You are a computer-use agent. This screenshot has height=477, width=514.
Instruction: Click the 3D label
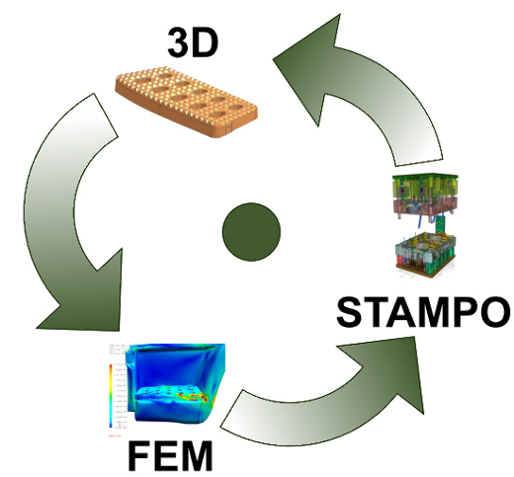(x=193, y=42)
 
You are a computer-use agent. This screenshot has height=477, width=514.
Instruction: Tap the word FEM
(x=170, y=456)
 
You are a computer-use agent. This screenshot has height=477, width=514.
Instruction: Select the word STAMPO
(x=423, y=311)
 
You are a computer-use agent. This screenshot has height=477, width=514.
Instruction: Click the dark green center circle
(x=251, y=232)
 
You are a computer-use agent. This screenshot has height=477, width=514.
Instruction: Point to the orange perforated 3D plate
(x=186, y=102)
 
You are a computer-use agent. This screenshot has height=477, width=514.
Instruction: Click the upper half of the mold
(x=425, y=196)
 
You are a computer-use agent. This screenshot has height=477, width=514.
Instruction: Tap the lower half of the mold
(x=425, y=254)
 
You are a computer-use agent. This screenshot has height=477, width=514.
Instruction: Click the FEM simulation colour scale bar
(x=111, y=396)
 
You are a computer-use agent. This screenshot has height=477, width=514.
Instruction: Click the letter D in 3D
(x=206, y=43)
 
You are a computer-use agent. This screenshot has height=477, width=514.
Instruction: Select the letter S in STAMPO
(x=350, y=312)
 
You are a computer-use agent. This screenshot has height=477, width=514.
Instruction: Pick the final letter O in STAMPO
(x=495, y=312)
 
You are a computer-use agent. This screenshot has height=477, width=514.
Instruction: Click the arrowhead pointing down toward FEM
(x=86, y=296)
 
